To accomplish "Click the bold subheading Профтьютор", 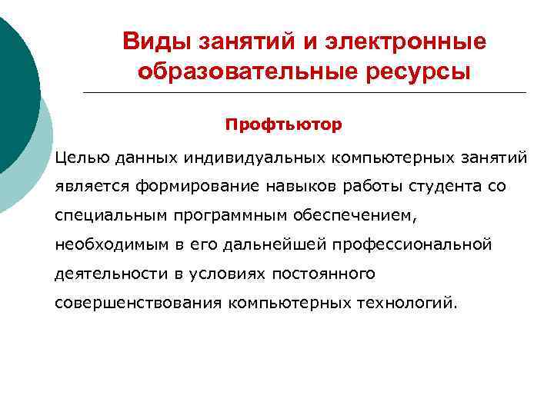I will tap(283, 123).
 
